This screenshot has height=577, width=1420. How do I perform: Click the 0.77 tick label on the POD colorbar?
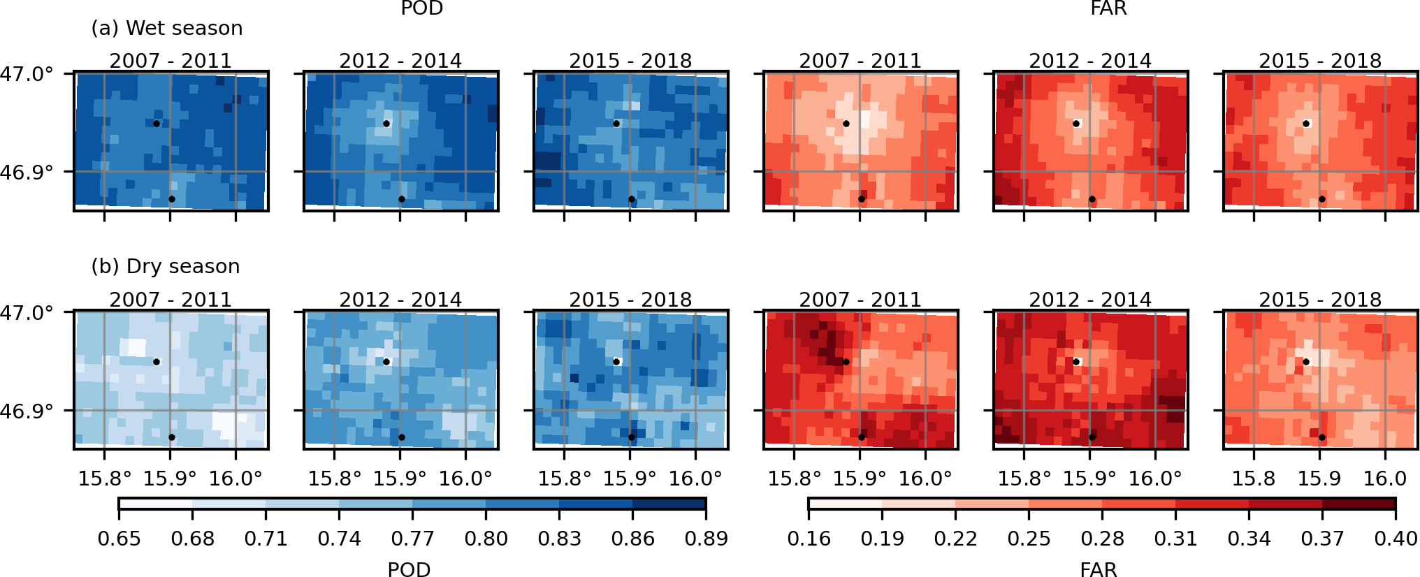(x=412, y=539)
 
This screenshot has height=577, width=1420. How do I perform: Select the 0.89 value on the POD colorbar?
(x=706, y=539)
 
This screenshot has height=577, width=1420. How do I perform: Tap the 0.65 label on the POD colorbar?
(x=119, y=539)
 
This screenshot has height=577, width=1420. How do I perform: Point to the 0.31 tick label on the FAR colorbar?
(x=1175, y=539)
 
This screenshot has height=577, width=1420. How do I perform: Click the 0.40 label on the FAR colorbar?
(x=1396, y=539)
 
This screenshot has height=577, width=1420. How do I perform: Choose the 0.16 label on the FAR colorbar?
(x=809, y=539)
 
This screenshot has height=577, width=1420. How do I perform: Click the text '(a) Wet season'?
(x=167, y=28)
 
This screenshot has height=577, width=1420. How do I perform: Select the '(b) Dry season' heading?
(x=166, y=266)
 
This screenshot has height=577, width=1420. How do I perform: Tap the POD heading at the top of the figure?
(x=421, y=8)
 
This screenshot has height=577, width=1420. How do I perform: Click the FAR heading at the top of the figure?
(x=1108, y=8)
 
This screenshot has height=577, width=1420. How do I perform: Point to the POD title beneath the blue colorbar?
(x=409, y=569)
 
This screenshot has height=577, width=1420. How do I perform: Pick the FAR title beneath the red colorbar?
(x=1098, y=569)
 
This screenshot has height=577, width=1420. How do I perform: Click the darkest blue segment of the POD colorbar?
(x=669, y=504)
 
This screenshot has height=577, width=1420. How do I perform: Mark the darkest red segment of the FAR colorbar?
(x=1359, y=504)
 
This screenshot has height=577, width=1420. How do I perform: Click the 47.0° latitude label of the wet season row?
(x=27, y=73)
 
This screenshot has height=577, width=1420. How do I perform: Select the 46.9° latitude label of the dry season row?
(x=27, y=411)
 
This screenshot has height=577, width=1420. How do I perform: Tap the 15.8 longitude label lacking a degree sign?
(x=1253, y=479)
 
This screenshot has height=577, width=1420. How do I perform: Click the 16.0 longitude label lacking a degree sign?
(x=1385, y=479)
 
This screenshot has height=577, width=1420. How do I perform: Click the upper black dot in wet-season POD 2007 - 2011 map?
(x=157, y=124)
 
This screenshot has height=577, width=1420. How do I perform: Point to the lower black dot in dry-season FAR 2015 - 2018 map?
(x=1322, y=437)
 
